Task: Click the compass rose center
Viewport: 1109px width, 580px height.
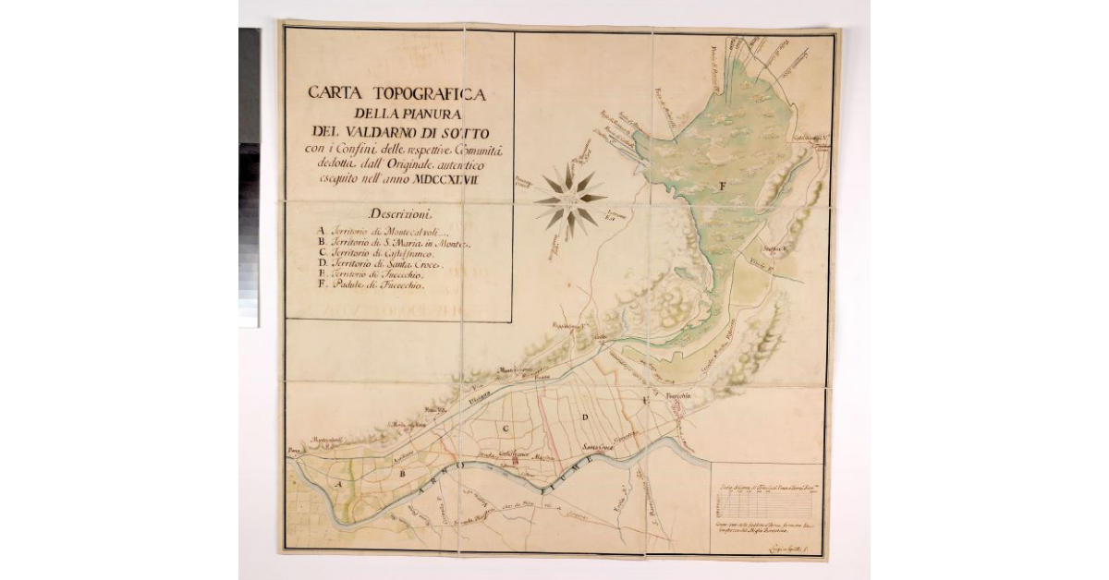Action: coord(570,199)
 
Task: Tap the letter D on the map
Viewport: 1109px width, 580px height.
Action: coord(584,418)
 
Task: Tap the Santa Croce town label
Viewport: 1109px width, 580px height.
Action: coord(599,447)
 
